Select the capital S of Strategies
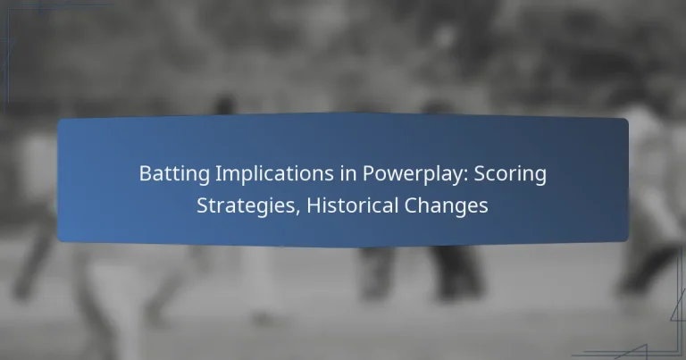pyautogui.click(x=201, y=205)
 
